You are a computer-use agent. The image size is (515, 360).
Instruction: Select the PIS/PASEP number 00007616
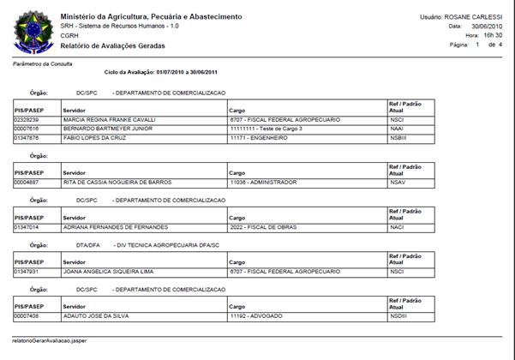[x=28, y=129]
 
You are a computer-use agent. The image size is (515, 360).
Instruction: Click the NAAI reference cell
[x=396, y=129]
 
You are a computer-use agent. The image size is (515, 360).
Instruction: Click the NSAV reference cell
[x=397, y=182]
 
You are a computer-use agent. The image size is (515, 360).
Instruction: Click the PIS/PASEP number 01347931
[x=28, y=272]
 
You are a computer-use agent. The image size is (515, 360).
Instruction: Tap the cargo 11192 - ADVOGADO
[x=258, y=316]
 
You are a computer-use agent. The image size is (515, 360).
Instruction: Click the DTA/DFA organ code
[x=88, y=244]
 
